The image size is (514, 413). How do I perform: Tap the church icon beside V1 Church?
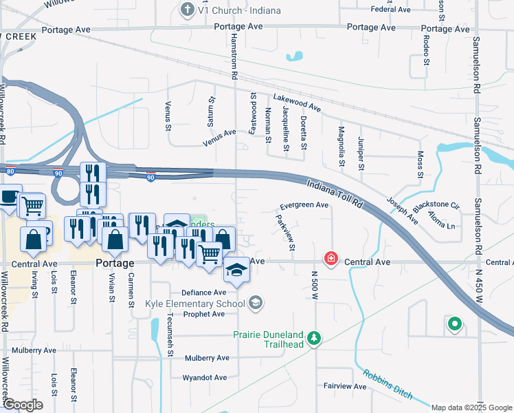pos(186,10)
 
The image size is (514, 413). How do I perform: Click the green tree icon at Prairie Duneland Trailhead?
pos(314,338)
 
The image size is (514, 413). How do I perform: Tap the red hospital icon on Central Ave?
pos(331,259)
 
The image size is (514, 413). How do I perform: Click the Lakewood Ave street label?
pos(297,103)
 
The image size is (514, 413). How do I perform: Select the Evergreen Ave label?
pos(304,205)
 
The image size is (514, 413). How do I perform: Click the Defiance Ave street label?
pos(204,293)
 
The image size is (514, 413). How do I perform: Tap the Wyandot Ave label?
pos(204,378)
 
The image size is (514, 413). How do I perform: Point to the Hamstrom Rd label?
pos(234,52)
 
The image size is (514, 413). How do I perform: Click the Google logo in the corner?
pos(22,405)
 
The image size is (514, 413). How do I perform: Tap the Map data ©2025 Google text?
pos(471,407)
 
